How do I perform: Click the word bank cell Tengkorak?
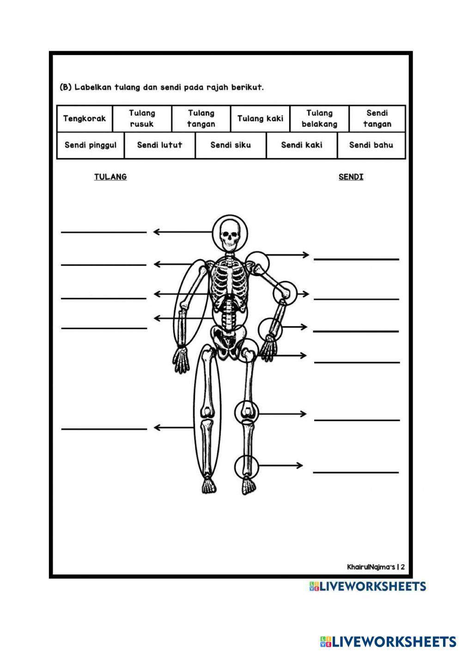(x=85, y=119)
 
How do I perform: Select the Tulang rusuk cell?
(x=142, y=119)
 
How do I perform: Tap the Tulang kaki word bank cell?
(x=260, y=119)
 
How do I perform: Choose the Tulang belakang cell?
(x=319, y=119)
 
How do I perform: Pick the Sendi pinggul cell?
(x=91, y=145)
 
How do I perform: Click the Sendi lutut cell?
(x=160, y=145)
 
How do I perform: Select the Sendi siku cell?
(x=231, y=145)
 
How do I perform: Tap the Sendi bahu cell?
(x=371, y=145)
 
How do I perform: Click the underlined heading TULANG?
(x=110, y=177)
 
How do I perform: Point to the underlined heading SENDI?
(x=351, y=177)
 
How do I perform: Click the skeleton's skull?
(x=230, y=233)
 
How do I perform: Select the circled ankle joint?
(x=246, y=466)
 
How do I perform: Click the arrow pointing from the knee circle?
(x=282, y=414)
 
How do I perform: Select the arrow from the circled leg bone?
(x=174, y=428)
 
